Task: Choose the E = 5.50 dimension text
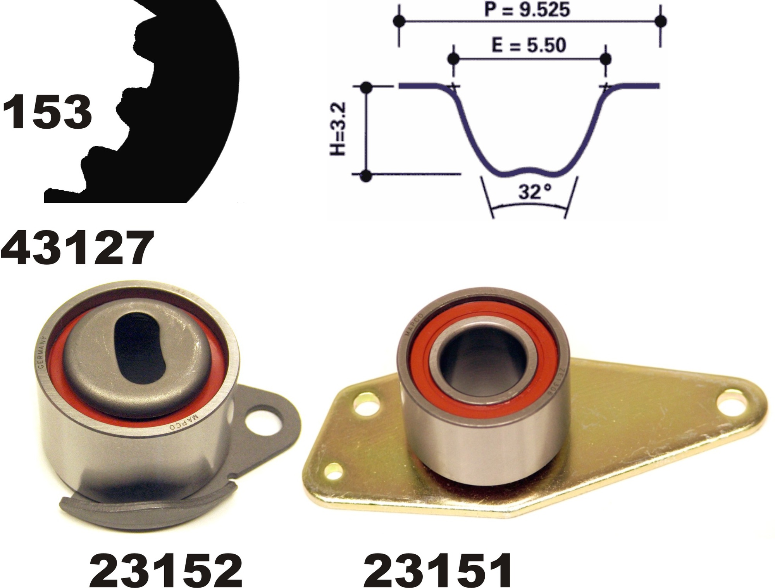529,46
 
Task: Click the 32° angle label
535,192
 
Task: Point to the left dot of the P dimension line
399,21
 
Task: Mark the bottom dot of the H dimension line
365,176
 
